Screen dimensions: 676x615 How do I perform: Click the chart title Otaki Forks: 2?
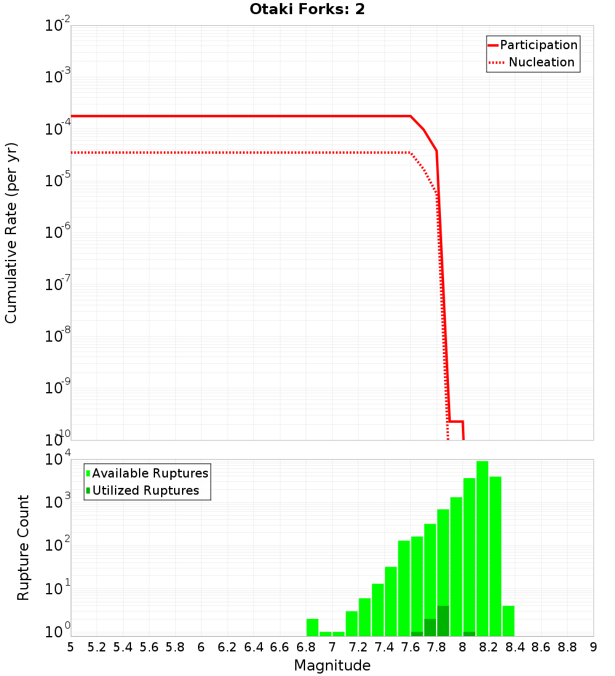click(x=307, y=10)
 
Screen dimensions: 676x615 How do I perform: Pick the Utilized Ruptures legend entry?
click(x=145, y=490)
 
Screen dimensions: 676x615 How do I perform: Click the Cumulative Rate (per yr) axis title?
click(x=11, y=233)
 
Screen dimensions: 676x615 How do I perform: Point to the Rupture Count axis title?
click(x=23, y=548)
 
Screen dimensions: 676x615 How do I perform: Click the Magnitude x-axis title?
click(x=332, y=666)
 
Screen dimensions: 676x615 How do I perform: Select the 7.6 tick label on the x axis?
click(x=410, y=647)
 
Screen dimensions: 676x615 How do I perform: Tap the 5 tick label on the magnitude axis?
click(x=71, y=647)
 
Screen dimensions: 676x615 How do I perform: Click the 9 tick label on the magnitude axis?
click(x=593, y=647)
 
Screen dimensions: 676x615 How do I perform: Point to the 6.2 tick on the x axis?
click(x=228, y=647)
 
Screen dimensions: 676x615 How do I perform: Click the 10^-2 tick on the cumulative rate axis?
click(x=58, y=26)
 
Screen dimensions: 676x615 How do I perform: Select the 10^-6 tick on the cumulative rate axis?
click(x=58, y=233)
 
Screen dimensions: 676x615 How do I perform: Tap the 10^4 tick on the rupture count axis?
click(x=58, y=460)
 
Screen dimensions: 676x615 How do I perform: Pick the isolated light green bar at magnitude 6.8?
click(x=312, y=627)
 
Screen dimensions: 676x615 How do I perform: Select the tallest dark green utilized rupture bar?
click(x=443, y=621)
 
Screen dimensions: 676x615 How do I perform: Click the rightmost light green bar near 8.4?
click(x=508, y=621)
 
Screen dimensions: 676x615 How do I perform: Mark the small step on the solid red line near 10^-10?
click(x=456, y=422)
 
